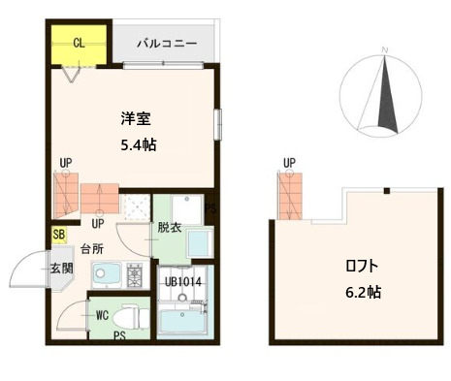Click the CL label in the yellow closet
(x=78, y=44)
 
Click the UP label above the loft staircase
(x=289, y=163)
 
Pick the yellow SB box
(x=59, y=234)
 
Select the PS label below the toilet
(x=118, y=335)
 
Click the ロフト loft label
(x=359, y=266)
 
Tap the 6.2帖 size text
(x=360, y=290)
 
